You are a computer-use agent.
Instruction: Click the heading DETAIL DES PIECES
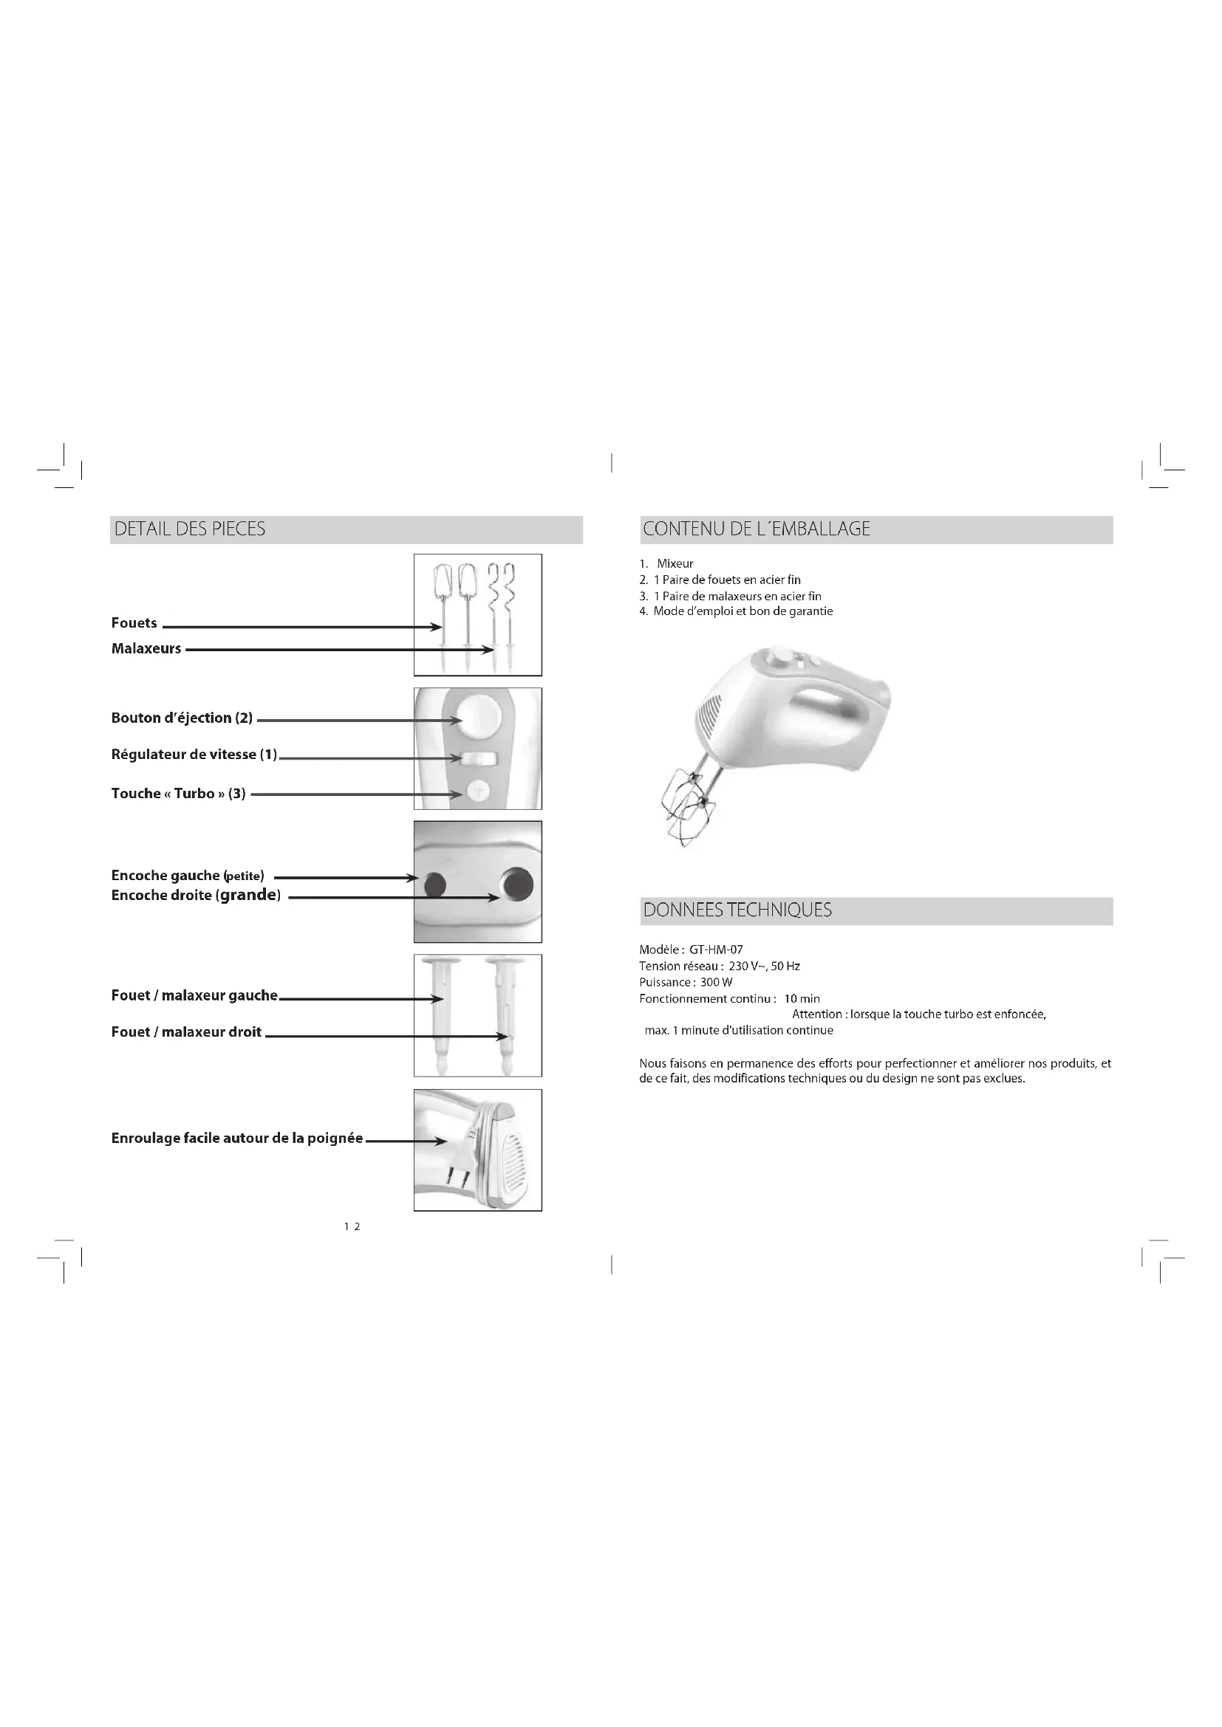pos(190,529)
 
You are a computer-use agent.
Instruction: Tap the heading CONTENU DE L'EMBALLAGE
pos(757,529)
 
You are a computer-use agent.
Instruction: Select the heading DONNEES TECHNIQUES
pos(737,910)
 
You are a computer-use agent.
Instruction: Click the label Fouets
pos(134,623)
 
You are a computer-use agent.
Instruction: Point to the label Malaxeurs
pos(146,648)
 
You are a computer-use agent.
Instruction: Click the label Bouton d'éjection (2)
pos(182,718)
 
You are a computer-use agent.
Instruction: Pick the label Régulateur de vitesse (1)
pos(194,755)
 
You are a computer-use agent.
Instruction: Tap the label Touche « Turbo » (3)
pos(178,794)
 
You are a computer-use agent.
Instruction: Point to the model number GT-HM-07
pos(716,950)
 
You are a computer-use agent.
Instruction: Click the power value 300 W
pos(716,982)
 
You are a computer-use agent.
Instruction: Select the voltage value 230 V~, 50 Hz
pos(764,966)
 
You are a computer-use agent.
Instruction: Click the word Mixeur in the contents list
pos(675,563)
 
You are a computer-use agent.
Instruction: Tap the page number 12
pos(352,1226)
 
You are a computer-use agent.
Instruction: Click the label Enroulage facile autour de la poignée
pos(237,1138)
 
